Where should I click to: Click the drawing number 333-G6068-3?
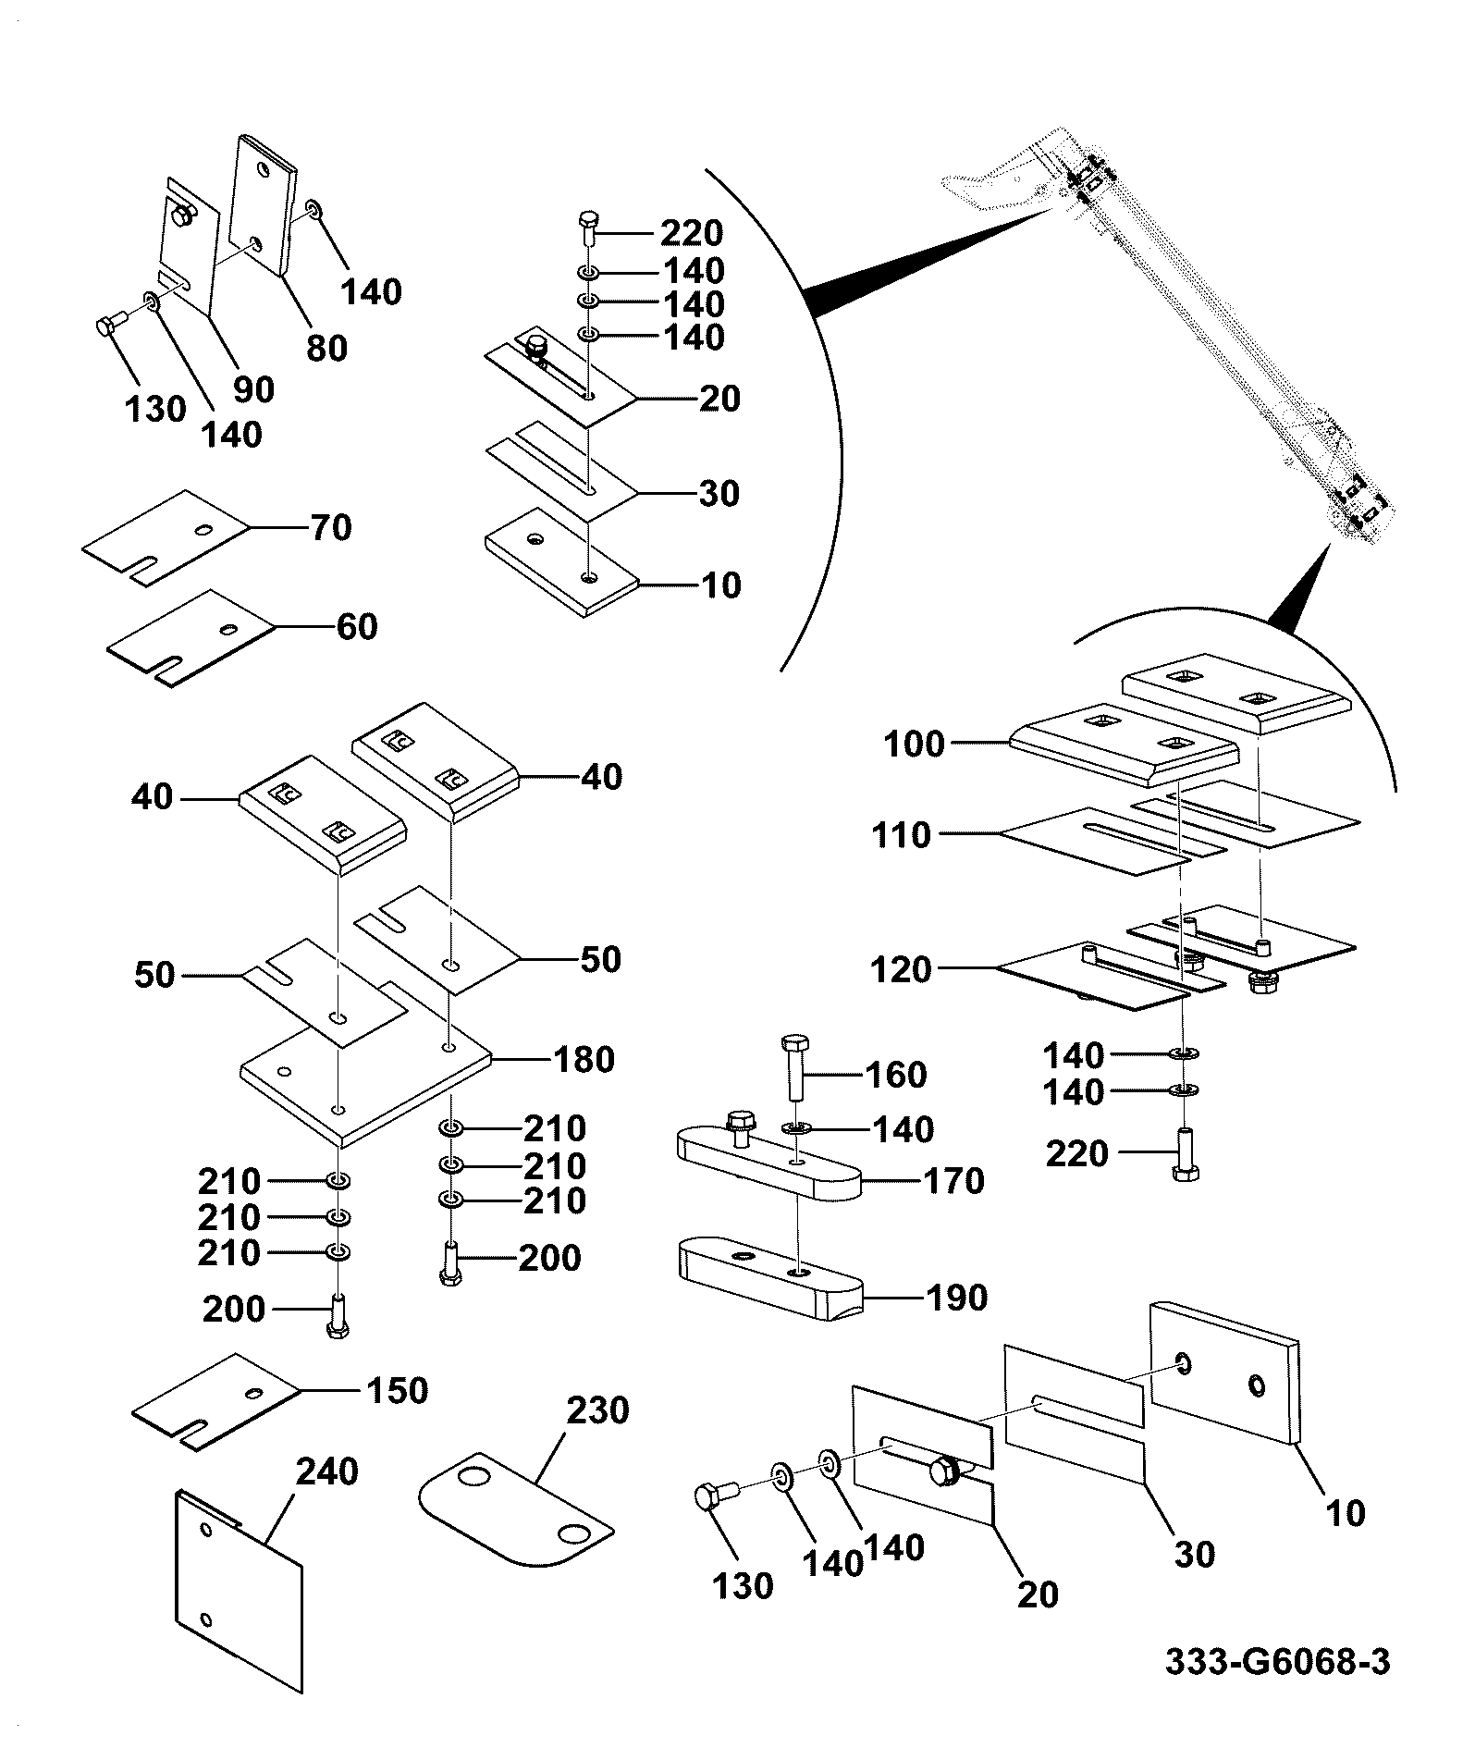tap(1277, 1662)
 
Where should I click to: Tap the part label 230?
tap(597, 1410)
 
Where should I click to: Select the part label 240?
tap(327, 1471)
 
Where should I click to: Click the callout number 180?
tap(584, 1059)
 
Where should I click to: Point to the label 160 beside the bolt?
tap(896, 1075)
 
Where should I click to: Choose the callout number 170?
tap(954, 1181)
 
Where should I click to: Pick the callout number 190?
tap(957, 1298)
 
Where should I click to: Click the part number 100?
tap(915, 744)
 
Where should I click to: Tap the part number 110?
tap(902, 835)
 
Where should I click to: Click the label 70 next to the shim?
tap(331, 528)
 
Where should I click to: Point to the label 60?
tap(357, 627)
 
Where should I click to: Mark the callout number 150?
tap(398, 1390)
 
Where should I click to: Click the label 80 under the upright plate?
tap(326, 348)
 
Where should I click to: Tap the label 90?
tap(253, 389)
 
